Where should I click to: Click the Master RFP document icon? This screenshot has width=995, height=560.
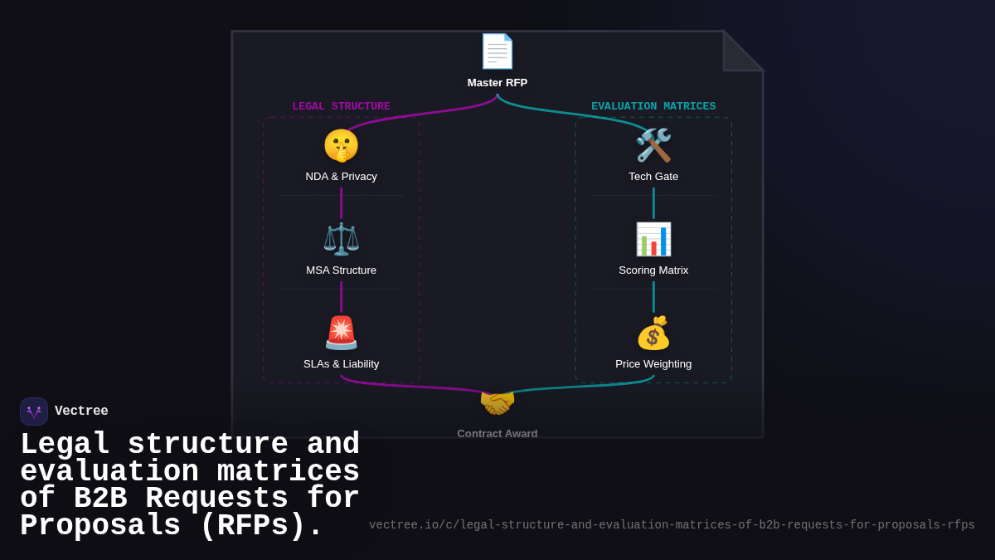pos(498,51)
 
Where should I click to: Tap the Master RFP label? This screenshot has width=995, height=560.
pos(498,83)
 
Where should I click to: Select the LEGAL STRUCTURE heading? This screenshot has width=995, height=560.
pos(341,106)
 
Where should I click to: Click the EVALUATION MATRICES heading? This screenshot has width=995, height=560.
pos(653,106)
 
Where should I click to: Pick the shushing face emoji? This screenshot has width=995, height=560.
pos(341,145)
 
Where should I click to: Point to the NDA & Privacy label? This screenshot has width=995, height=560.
pos(341,177)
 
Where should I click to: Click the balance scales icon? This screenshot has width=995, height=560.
pos(341,239)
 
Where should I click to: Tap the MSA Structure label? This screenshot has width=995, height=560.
pos(341,270)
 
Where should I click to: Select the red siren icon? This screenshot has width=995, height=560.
pos(341,333)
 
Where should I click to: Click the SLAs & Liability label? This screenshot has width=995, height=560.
pos(341,364)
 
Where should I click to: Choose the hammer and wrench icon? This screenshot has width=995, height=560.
pos(653,145)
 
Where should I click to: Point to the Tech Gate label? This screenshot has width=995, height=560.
pos(653,177)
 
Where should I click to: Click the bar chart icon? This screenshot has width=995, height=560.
pos(653,239)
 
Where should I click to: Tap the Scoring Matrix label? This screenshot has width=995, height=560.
pos(653,270)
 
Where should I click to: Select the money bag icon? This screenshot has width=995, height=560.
pos(653,333)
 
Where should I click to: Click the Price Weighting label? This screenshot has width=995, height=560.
pos(653,364)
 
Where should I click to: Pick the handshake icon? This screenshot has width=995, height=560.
pos(498,403)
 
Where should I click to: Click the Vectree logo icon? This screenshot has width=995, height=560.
pos(34,411)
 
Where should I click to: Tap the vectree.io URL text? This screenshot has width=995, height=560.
pos(672,525)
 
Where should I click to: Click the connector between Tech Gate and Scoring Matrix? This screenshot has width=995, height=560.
pos(653,203)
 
